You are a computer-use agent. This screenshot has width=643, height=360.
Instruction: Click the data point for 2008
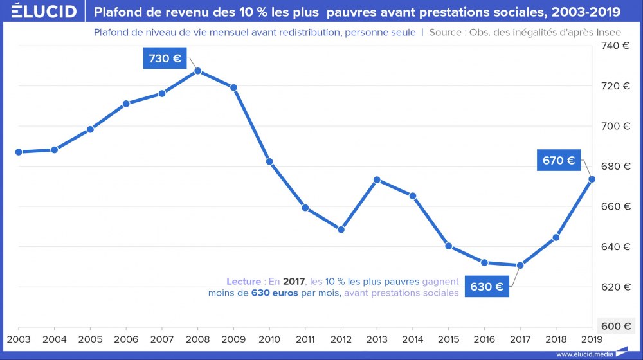(x=198, y=71)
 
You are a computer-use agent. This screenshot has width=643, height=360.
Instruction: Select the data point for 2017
(x=520, y=265)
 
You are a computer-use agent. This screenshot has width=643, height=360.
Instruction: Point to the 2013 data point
(x=377, y=180)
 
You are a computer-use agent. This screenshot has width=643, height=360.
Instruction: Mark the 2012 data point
(x=341, y=230)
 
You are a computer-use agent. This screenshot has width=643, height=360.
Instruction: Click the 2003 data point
(x=19, y=152)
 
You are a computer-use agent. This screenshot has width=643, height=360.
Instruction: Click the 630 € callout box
(x=487, y=287)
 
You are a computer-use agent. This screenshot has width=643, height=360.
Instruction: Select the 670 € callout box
(x=559, y=161)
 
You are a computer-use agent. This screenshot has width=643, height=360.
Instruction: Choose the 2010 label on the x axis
(x=269, y=338)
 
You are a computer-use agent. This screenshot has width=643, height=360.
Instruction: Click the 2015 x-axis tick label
(x=449, y=338)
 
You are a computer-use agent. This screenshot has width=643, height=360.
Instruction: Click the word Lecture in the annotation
(x=243, y=282)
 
